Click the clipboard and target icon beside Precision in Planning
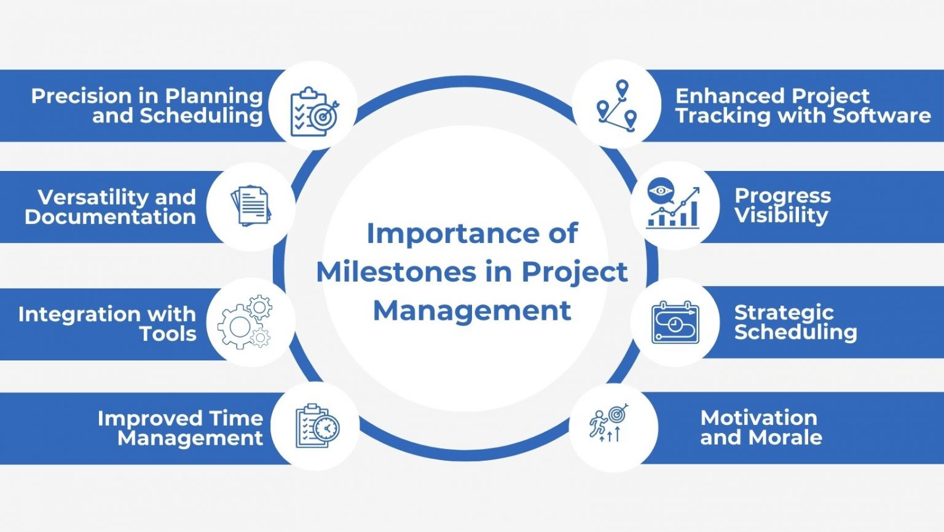314,111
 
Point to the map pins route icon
617,105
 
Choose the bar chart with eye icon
673,204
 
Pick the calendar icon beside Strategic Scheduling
675,322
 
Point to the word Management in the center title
472,311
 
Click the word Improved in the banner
141,418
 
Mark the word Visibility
781,215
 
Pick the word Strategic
784,312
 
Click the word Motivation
758,418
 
